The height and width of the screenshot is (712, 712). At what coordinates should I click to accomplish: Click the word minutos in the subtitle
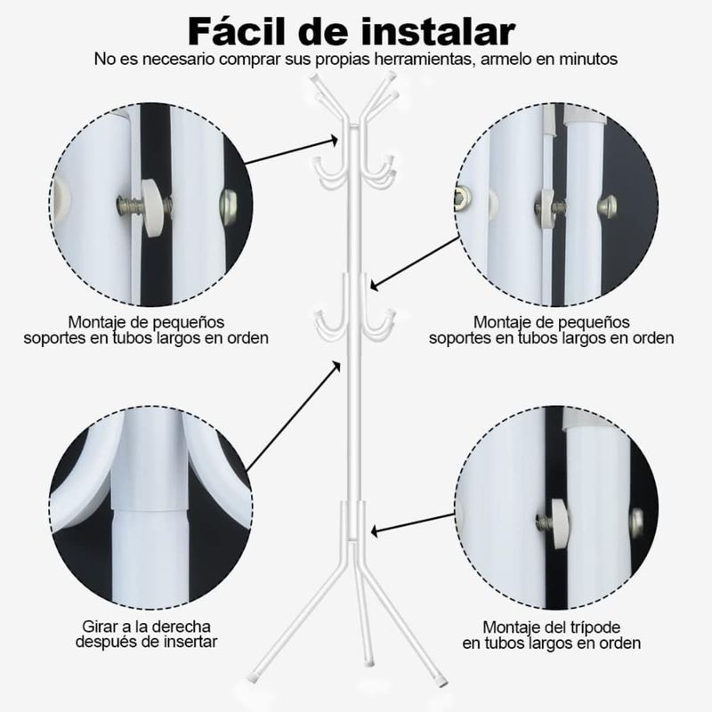pyautogui.click(x=588, y=59)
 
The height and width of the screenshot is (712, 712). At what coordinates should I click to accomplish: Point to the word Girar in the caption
pyautogui.click(x=99, y=627)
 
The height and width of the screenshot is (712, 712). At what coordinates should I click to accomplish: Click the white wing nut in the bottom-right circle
pyautogui.click(x=559, y=523)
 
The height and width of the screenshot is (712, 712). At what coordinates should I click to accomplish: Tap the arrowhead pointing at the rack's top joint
pyautogui.click(x=334, y=141)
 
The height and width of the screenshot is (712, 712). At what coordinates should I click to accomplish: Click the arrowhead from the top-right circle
pyautogui.click(x=375, y=286)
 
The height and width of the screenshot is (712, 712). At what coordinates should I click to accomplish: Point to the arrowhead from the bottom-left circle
pyautogui.click(x=336, y=367)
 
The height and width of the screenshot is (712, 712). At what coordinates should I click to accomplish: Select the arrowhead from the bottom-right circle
pyautogui.click(x=376, y=530)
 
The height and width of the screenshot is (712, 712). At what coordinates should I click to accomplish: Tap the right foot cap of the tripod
pyautogui.click(x=442, y=681)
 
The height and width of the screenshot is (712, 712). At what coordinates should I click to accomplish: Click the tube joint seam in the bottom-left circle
pyautogui.click(x=150, y=509)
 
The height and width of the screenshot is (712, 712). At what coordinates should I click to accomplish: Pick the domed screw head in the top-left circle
pyautogui.click(x=229, y=206)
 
